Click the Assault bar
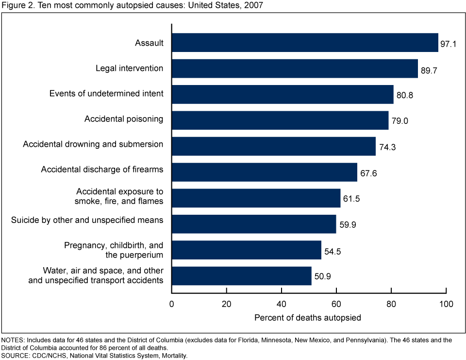point(305,43)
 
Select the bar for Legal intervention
point(295,69)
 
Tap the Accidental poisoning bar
point(280,120)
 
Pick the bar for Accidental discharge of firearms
point(265,172)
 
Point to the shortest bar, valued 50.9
point(242,275)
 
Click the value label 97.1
point(448,44)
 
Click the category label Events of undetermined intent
point(106,93)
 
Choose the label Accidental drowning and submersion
point(93,144)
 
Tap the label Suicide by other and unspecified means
point(87,221)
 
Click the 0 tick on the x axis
point(171,304)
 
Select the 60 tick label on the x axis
point(336,304)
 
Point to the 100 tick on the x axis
point(446,304)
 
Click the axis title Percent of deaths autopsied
point(308,318)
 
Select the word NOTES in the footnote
point(13,340)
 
